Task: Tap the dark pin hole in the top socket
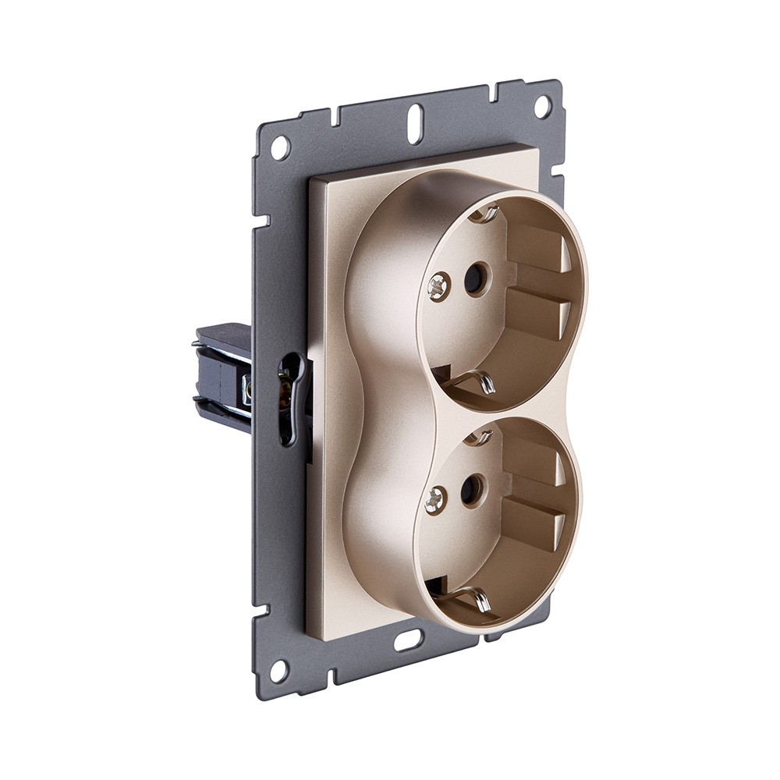(473, 279)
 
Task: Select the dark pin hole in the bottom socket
(470, 491)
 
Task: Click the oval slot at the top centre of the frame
(416, 123)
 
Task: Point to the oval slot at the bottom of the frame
(406, 641)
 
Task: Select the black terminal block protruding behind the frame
(223, 374)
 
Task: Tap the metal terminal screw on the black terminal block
(246, 388)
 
